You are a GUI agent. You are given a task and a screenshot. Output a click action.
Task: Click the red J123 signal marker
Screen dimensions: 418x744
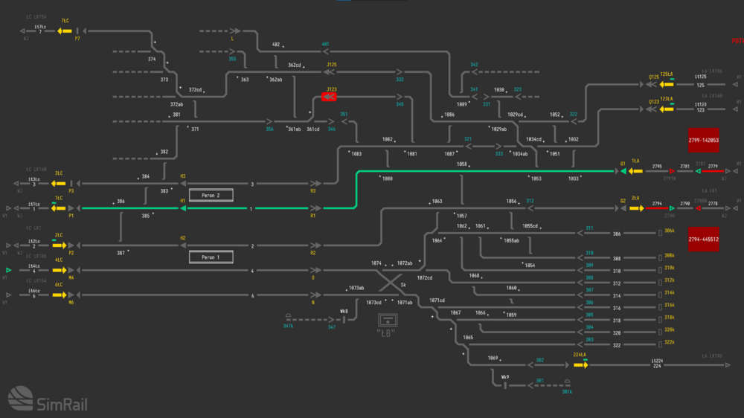pos(329,97)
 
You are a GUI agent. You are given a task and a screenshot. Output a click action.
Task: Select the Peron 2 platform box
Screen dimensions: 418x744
pos(211,196)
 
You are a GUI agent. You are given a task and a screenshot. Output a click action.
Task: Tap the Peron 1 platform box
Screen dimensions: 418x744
pos(211,257)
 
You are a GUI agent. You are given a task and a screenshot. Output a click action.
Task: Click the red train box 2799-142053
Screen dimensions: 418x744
pos(703,140)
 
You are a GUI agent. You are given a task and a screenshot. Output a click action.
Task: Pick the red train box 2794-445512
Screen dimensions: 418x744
pos(703,239)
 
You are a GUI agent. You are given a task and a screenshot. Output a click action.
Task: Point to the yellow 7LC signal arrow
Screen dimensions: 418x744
pos(64,30)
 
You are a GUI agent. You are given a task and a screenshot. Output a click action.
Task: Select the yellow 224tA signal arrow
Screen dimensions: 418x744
pos(580,364)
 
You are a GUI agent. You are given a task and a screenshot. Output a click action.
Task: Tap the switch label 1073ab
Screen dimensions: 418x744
pos(356,288)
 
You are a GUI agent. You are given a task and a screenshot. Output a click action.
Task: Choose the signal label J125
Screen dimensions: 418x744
pos(331,65)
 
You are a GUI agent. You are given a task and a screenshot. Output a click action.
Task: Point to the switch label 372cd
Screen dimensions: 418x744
pos(195,90)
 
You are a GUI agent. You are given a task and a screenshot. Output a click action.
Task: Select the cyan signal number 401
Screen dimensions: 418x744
pos(325,45)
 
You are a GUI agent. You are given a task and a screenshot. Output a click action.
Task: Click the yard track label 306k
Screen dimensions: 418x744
pos(669,231)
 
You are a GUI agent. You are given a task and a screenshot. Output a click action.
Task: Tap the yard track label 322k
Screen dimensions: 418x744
pos(669,342)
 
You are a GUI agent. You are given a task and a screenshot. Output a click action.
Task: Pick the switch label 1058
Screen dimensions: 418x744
pos(462,164)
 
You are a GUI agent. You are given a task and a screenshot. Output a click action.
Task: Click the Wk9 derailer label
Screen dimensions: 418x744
pos(504,377)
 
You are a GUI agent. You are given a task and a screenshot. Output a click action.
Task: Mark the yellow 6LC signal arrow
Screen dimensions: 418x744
pos(64,295)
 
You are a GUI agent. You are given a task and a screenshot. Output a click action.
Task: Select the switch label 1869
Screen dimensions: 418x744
pos(493,358)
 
